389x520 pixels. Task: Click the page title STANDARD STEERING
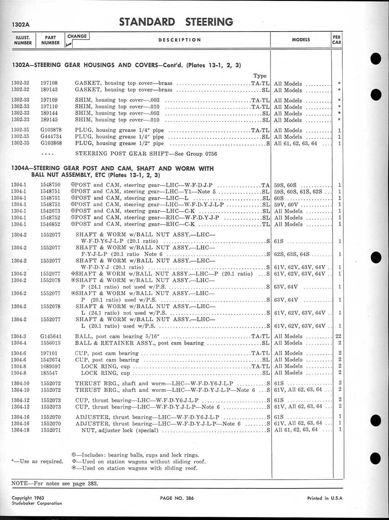(176, 22)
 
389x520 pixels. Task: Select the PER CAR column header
(336, 39)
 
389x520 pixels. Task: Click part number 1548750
(50, 185)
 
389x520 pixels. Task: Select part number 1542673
(50, 212)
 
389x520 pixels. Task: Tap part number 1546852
(50, 224)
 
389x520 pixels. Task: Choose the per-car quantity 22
(339, 337)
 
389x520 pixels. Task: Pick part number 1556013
(50, 343)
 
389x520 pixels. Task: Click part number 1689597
(50, 367)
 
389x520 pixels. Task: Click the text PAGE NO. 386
(178, 498)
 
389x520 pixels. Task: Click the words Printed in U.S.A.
(325, 498)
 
